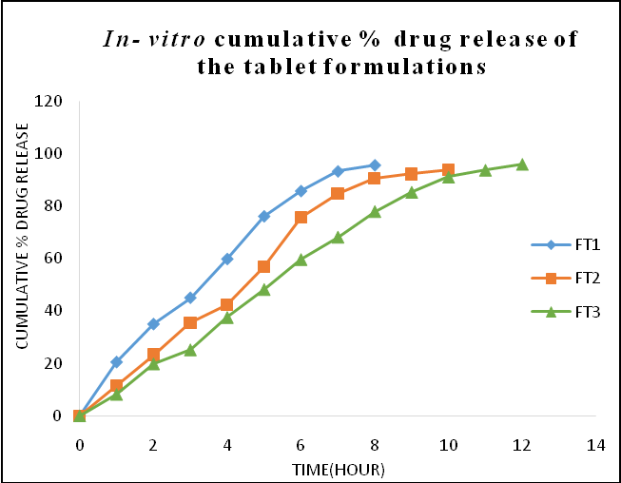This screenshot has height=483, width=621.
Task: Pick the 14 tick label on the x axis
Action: [596, 444]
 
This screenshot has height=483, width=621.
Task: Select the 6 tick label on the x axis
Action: [301, 444]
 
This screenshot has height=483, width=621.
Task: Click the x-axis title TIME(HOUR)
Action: [339, 469]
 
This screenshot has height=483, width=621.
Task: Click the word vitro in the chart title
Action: [176, 40]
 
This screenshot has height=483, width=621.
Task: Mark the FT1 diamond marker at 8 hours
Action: [375, 165]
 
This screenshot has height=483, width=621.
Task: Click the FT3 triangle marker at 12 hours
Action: [522, 164]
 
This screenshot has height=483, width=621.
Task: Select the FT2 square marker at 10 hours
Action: [448, 170]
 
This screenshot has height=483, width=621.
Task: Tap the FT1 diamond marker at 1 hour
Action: [116, 362]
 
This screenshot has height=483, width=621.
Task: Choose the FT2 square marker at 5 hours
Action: [263, 267]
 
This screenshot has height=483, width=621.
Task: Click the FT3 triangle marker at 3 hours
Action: [190, 350]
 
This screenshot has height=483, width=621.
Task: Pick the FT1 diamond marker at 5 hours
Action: [263, 217]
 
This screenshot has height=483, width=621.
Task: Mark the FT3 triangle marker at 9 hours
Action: [412, 192]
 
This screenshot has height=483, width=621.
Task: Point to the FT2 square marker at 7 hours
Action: [338, 194]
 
